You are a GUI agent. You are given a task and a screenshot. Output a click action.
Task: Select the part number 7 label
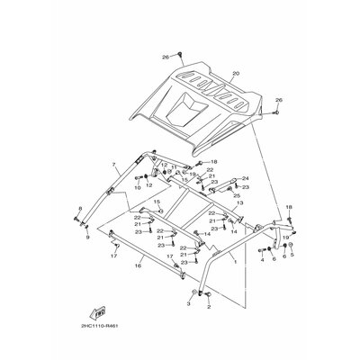point(114,166)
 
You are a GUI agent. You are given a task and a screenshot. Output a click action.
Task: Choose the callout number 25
point(237,195)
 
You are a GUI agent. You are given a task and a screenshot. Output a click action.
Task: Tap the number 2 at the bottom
point(209,307)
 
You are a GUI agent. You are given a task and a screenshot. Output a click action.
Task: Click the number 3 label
point(189,305)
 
